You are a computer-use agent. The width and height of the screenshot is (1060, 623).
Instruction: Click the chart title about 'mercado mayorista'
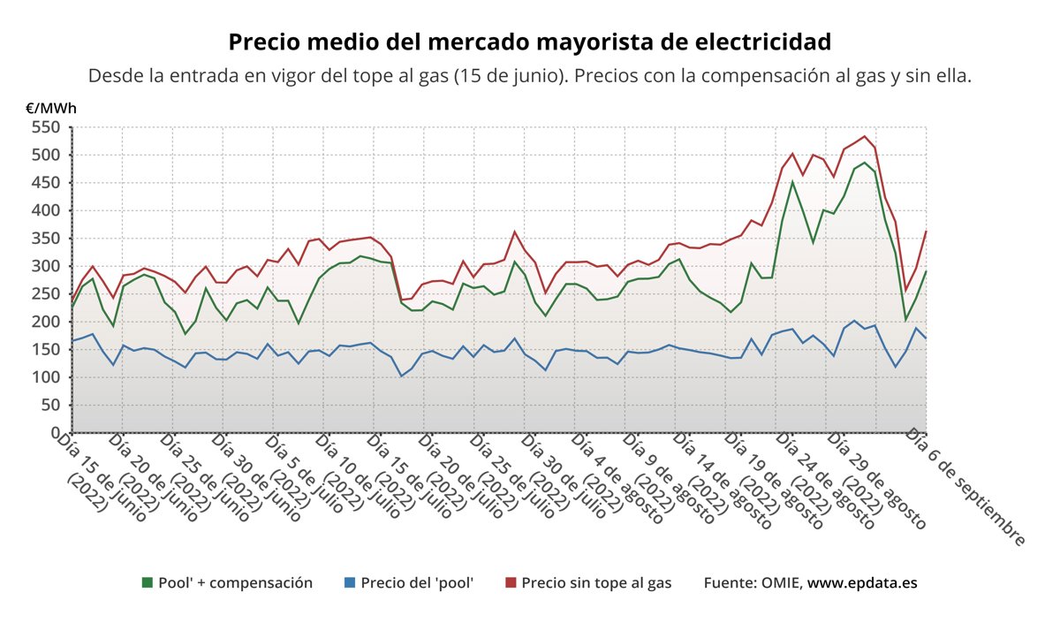(529, 42)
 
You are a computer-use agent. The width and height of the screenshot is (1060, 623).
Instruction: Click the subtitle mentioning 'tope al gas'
(529, 76)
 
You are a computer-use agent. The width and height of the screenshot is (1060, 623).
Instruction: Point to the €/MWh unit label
(50, 109)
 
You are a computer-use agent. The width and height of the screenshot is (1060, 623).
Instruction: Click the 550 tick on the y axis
(44, 127)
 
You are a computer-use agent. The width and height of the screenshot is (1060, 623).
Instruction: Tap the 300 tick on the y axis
(44, 266)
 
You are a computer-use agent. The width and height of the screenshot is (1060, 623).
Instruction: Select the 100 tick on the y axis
(44, 377)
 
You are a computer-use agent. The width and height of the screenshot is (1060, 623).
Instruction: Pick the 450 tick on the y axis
(44, 183)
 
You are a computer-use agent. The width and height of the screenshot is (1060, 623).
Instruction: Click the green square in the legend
(148, 583)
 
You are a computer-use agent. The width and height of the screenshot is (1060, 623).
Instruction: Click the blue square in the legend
(349, 583)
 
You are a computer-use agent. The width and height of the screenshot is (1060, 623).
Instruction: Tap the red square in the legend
(510, 583)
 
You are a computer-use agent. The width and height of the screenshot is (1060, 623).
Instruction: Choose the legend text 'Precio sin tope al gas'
(596, 583)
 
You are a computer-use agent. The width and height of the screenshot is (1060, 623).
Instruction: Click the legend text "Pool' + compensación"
(235, 583)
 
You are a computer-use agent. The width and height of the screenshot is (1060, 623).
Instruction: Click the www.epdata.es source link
(864, 583)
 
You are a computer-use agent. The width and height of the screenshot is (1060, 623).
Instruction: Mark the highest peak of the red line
(864, 136)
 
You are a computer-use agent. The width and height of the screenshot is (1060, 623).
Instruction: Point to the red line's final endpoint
(926, 232)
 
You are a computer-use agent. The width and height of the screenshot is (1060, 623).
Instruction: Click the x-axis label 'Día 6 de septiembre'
(967, 488)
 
